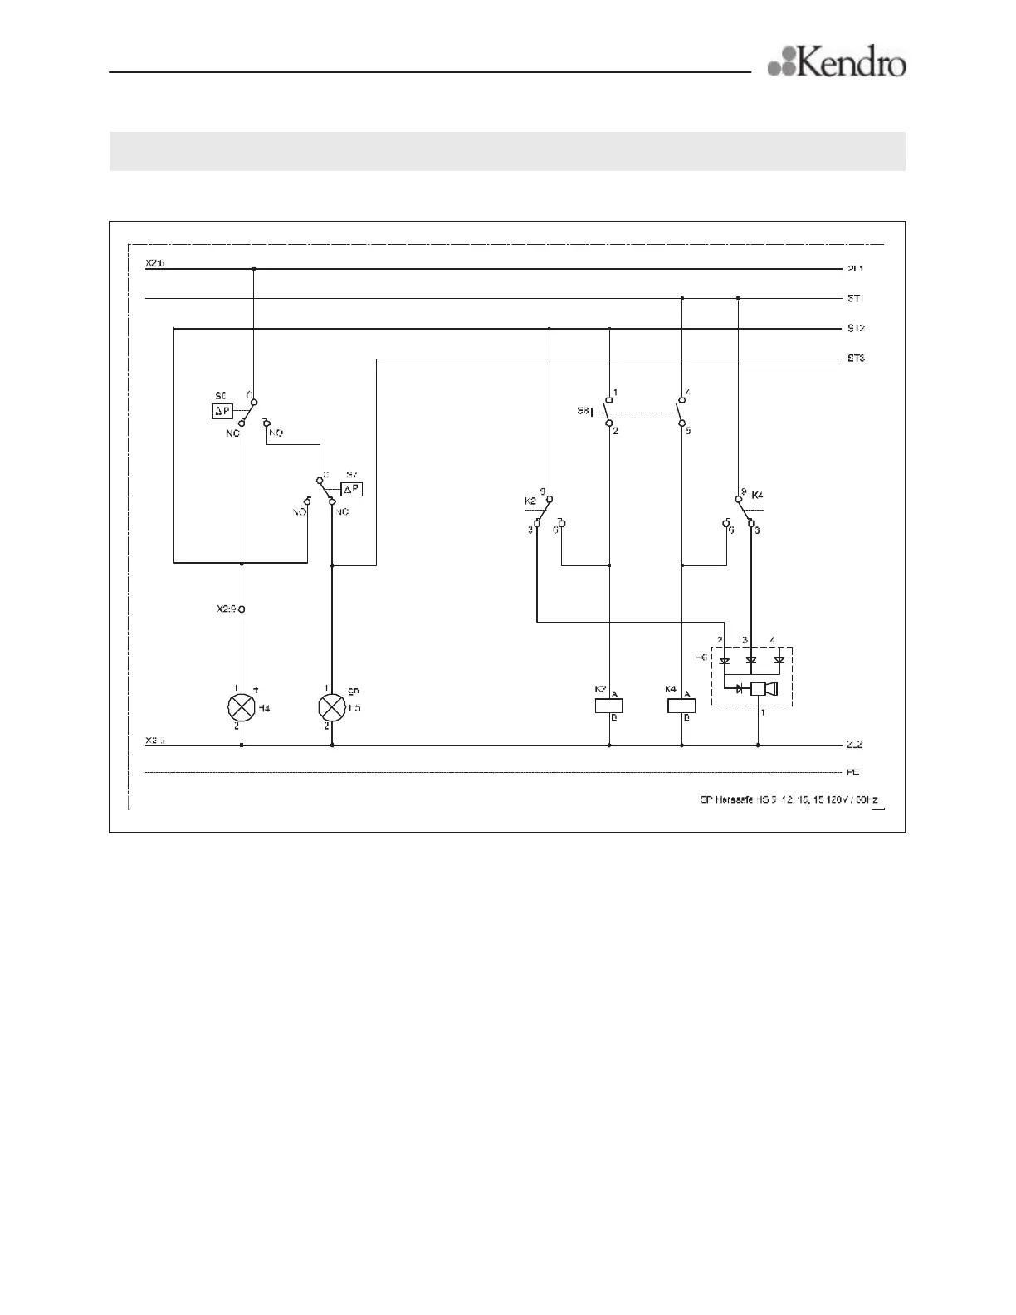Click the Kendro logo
837,62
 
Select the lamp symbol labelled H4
241,707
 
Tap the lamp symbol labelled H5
332,707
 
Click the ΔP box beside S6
222,410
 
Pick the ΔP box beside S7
352,488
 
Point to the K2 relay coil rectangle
609,706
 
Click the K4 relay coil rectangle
681,706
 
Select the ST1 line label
856,298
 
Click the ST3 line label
856,359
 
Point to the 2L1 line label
855,269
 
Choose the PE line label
852,772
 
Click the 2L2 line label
855,745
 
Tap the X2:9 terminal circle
242,609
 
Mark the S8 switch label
583,411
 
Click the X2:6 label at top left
155,263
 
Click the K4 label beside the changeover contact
757,496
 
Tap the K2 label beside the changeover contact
530,501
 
